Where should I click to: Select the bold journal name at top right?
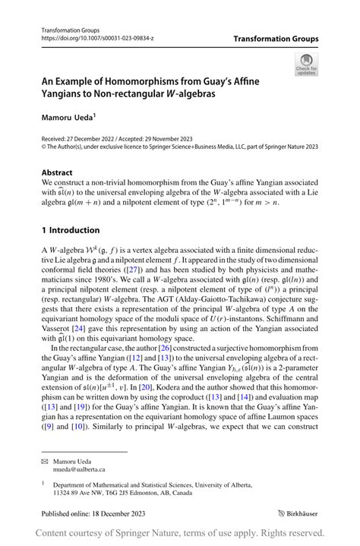click(276, 39)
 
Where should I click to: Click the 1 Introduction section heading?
click(70, 230)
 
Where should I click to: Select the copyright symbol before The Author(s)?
click(44, 148)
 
